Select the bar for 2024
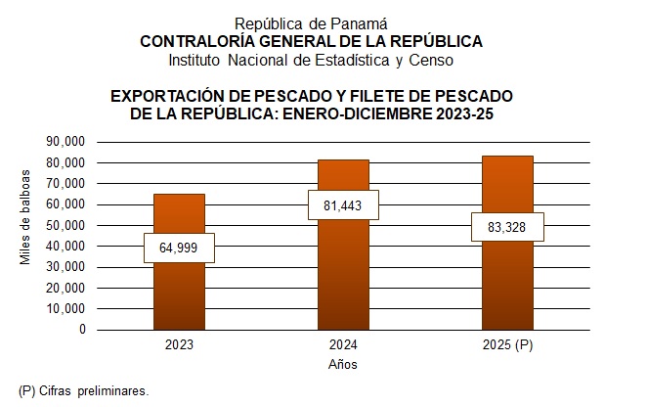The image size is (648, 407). (343, 274)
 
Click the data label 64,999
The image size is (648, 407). (179, 248)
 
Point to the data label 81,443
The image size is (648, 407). (343, 205)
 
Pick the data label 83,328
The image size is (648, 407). (507, 228)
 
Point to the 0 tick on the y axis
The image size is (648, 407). (82, 330)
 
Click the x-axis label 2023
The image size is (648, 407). (179, 346)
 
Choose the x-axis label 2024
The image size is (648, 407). (343, 346)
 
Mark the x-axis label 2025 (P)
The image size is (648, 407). (507, 346)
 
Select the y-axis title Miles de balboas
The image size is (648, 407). (26, 217)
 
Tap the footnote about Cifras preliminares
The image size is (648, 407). (83, 390)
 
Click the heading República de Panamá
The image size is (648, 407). (311, 23)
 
